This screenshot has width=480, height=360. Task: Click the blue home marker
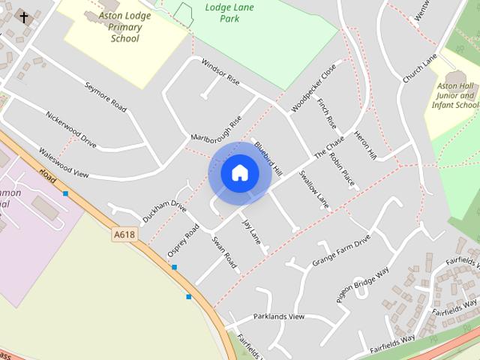239,173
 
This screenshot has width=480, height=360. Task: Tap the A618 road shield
124,235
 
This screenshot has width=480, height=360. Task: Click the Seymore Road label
105,97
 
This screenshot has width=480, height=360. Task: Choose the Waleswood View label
64,163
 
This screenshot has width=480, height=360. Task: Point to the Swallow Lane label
313,189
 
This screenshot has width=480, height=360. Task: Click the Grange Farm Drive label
341,251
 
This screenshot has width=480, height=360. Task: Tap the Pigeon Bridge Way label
363,284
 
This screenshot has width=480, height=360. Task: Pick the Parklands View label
279,316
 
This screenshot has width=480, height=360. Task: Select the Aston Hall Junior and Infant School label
455,96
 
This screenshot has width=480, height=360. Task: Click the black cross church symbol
24,16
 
